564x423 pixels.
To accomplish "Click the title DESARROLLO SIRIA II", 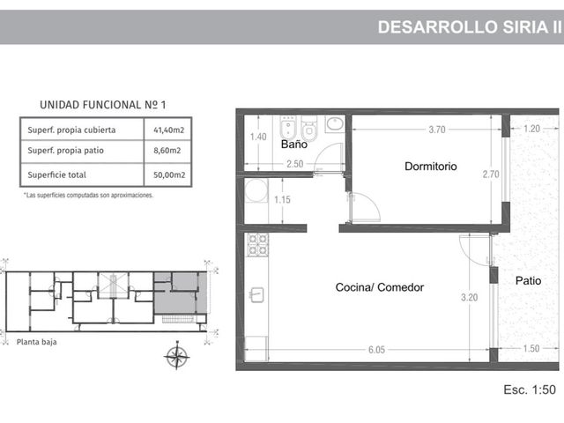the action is click(x=470, y=27).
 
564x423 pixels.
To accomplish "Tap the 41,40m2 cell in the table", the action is click(x=168, y=130).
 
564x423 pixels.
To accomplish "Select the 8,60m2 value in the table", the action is click(x=167, y=151).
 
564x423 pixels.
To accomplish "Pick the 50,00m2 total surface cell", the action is click(x=169, y=174).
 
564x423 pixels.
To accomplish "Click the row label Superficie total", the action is click(x=56, y=174).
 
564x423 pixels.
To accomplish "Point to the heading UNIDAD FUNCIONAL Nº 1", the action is click(x=102, y=105).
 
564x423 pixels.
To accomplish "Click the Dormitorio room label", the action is click(x=431, y=167).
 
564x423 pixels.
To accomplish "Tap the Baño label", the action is click(x=293, y=145).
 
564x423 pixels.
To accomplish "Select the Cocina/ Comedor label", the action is click(x=380, y=287).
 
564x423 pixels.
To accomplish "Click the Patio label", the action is click(x=528, y=280).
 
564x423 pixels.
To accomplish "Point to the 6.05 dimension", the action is click(x=376, y=350).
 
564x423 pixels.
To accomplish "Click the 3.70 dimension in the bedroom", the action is click(x=437, y=130).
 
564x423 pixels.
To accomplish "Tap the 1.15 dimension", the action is click(x=282, y=200).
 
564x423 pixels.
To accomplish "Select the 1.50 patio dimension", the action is click(x=531, y=348).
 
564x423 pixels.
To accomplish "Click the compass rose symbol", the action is click(x=176, y=356).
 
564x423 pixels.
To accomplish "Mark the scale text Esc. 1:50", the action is click(x=530, y=390).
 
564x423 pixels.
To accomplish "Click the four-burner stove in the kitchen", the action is click(x=257, y=245).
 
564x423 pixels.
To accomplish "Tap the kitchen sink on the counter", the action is click(x=256, y=294).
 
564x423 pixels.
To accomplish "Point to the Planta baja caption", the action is click(x=37, y=342).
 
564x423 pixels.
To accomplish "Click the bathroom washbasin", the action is click(x=335, y=124).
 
